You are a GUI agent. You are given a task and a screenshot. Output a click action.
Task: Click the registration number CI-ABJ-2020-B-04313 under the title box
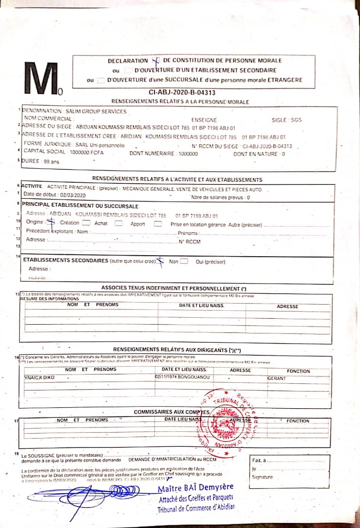pos(182,92)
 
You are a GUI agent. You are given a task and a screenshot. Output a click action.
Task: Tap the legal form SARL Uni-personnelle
pos(100,145)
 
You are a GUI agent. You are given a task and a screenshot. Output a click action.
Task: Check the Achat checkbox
pos(118,223)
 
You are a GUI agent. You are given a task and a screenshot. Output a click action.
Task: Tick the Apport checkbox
pos(157,223)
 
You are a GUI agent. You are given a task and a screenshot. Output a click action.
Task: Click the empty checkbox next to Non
pos(184,261)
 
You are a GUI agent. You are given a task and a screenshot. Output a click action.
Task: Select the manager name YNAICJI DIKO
pos(40,378)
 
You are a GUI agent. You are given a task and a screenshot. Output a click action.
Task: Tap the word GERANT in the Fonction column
pos(276,378)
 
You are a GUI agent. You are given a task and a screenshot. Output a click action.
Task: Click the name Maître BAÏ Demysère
pos(195,487)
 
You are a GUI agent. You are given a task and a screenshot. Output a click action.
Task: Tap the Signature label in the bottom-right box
pos(263,477)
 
